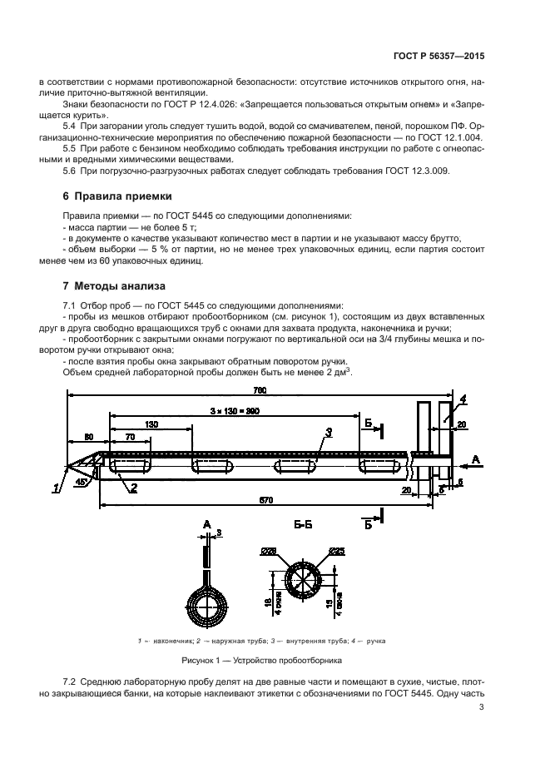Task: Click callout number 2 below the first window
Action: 132,488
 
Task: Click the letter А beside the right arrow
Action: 476,458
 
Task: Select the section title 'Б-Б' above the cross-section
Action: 303,526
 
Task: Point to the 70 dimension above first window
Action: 129,436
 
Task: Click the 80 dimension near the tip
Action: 88,436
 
